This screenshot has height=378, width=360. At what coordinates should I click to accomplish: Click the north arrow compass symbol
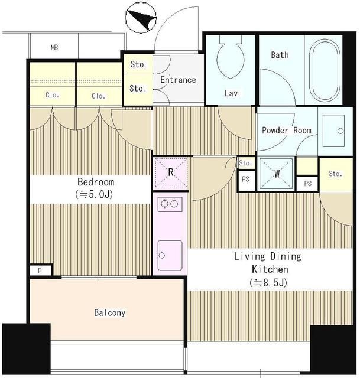[141, 17]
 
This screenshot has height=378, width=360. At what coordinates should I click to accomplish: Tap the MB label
[54, 47]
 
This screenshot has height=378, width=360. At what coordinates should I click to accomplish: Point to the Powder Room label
[287, 131]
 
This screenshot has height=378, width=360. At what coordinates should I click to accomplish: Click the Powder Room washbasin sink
[334, 131]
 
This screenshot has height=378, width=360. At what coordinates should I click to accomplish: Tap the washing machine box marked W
[277, 173]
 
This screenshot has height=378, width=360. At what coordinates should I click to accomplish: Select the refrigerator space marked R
[171, 172]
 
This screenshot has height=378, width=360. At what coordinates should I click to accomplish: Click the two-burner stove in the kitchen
[170, 204]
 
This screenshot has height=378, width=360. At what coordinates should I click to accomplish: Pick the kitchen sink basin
[170, 256]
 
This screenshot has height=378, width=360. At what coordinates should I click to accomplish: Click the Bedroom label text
[96, 182]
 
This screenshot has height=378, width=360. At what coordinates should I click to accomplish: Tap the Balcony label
[110, 312]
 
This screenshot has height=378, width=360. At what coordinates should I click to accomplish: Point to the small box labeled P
[41, 271]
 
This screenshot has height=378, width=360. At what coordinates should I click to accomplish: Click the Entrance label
[179, 80]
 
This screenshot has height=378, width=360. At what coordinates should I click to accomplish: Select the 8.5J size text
[268, 282]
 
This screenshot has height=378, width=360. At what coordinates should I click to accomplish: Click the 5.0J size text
[94, 194]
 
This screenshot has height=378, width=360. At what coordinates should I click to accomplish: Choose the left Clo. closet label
[53, 95]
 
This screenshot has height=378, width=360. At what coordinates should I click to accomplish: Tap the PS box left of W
[246, 180]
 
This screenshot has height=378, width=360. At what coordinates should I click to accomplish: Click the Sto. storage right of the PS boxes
[336, 174]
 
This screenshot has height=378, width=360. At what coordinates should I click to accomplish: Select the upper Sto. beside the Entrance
[138, 64]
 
